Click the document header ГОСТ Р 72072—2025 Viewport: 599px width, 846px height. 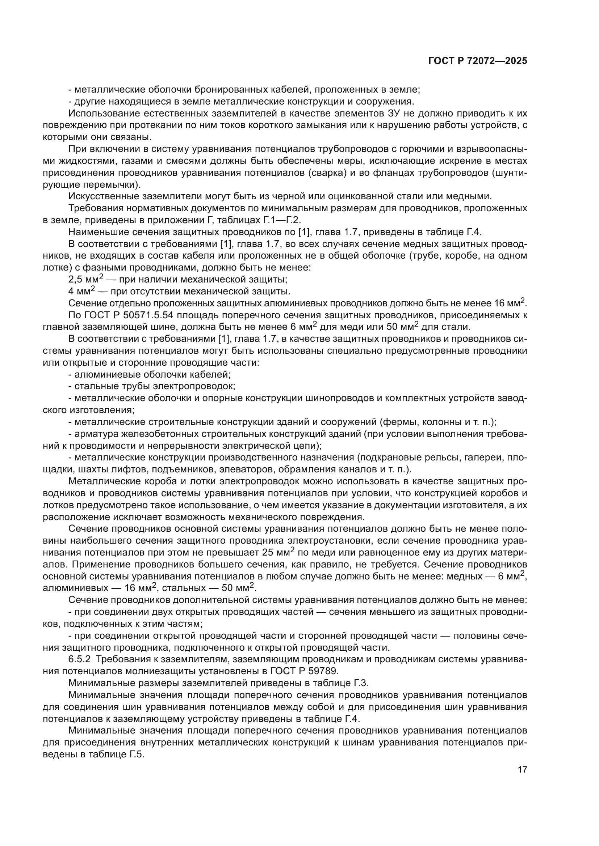click(478, 61)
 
